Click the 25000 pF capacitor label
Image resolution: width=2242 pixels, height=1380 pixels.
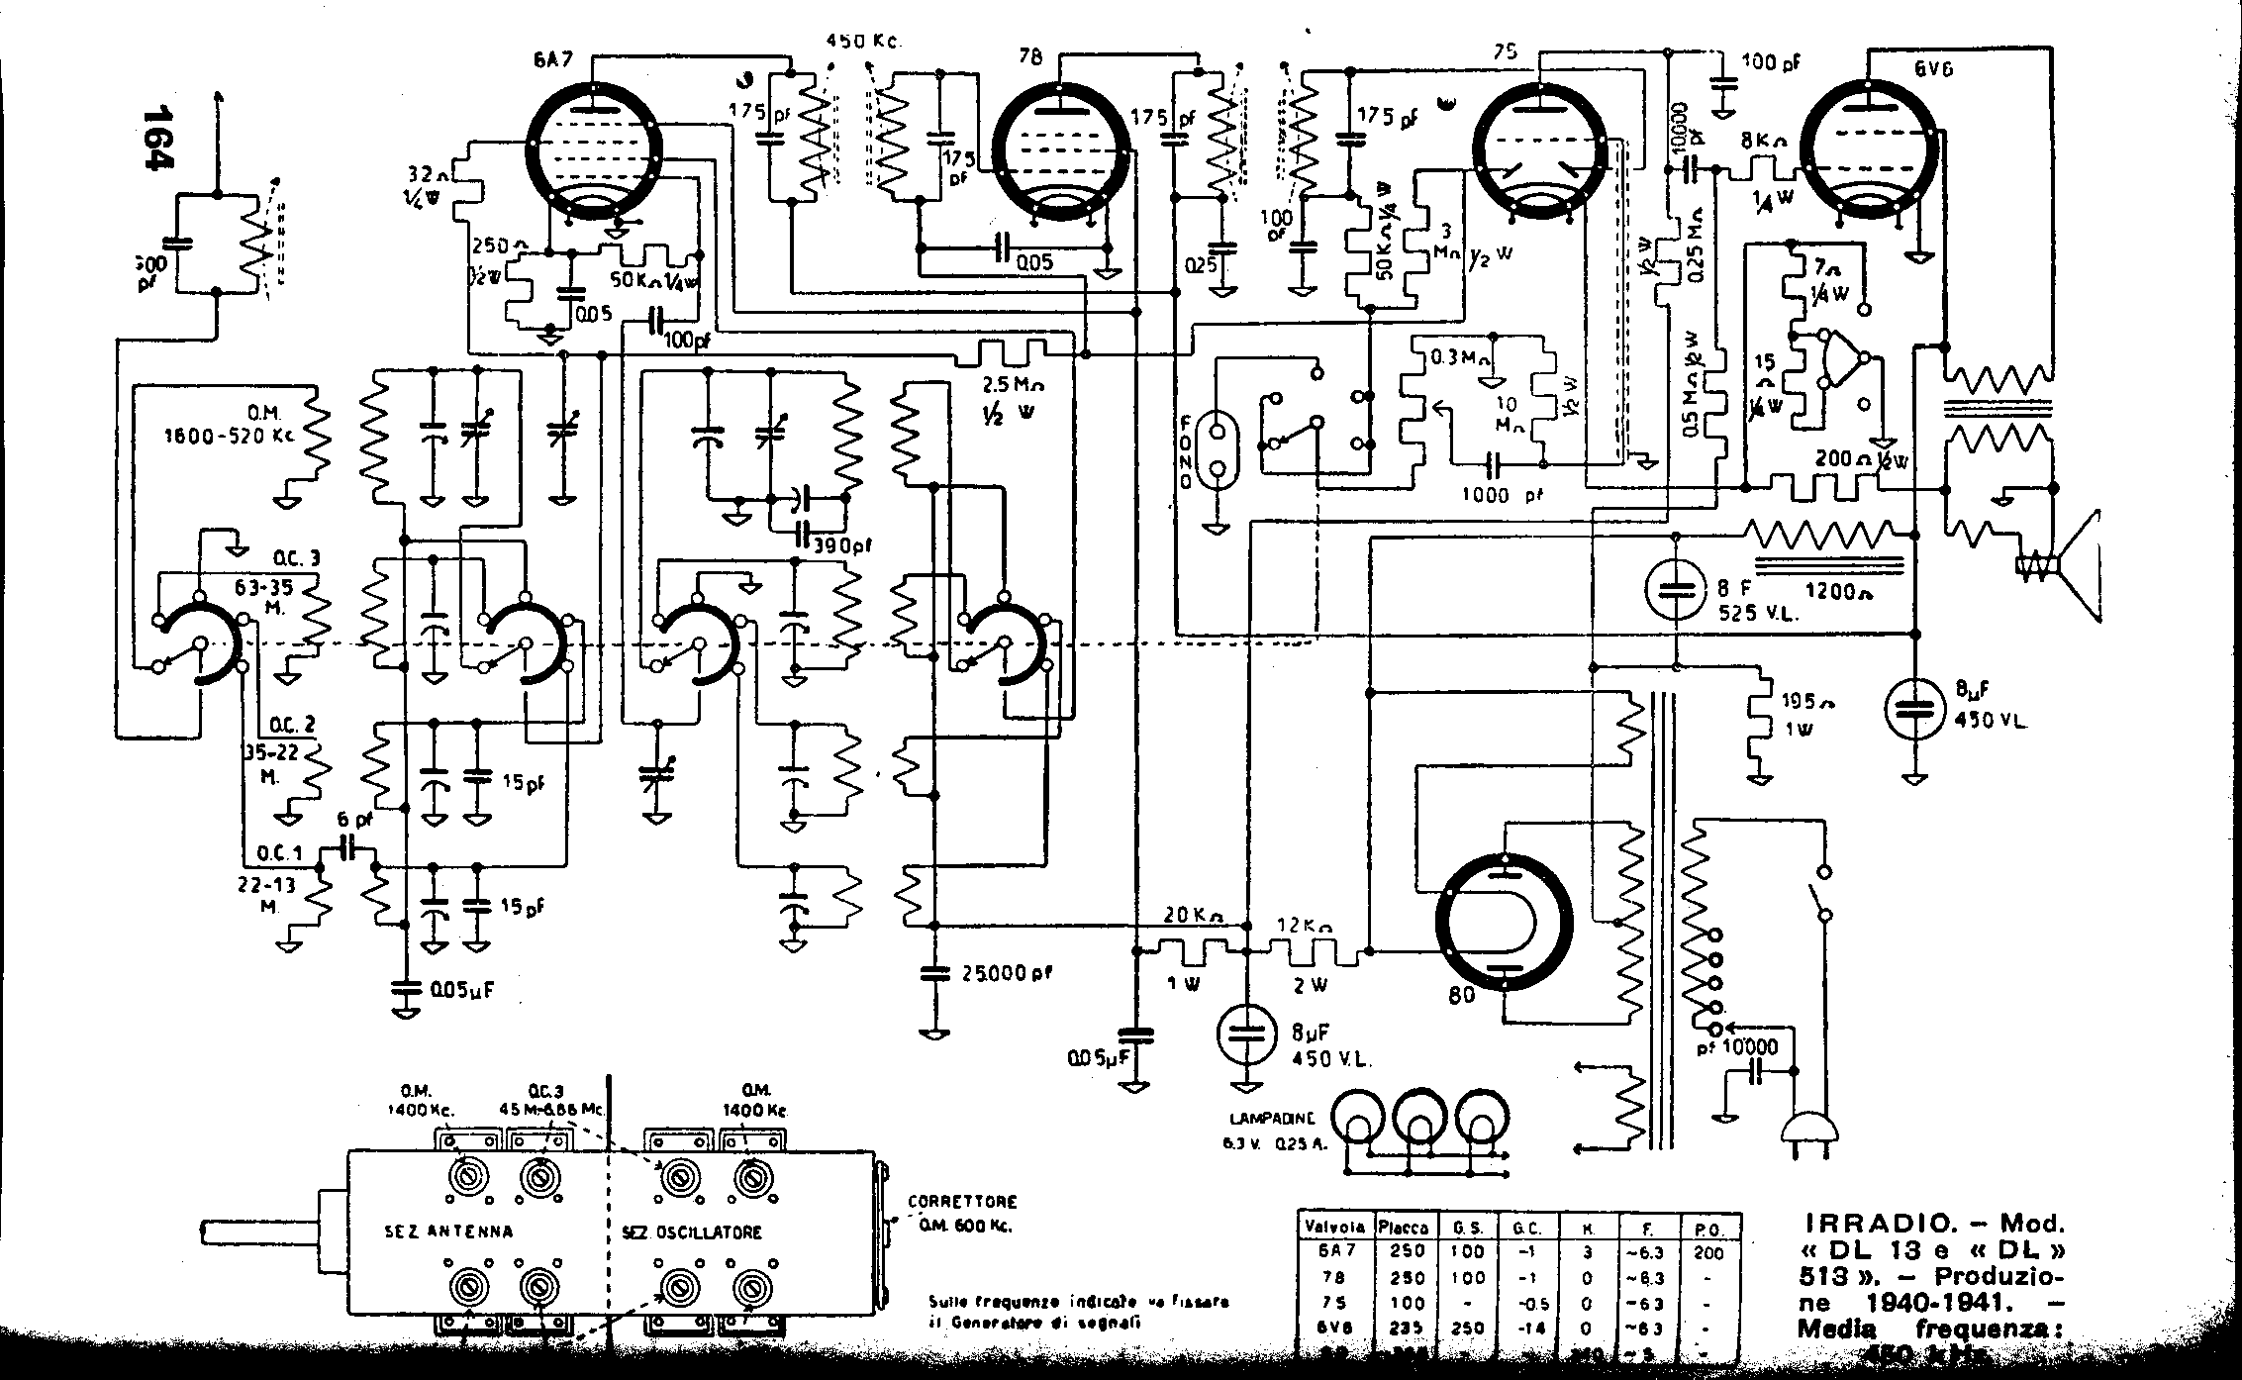(x=1007, y=973)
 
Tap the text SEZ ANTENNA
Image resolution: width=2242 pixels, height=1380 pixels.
(x=448, y=1232)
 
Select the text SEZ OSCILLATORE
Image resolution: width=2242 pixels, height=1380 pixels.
(x=692, y=1232)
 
